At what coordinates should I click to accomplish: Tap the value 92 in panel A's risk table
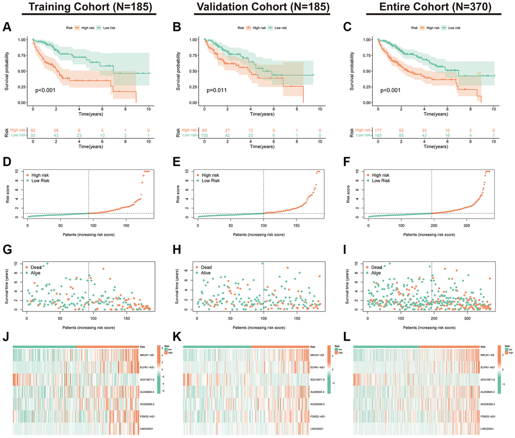coord(33,129)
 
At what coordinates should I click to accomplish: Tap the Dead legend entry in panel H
coord(208,267)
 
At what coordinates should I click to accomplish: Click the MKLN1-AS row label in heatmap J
coord(149,355)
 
